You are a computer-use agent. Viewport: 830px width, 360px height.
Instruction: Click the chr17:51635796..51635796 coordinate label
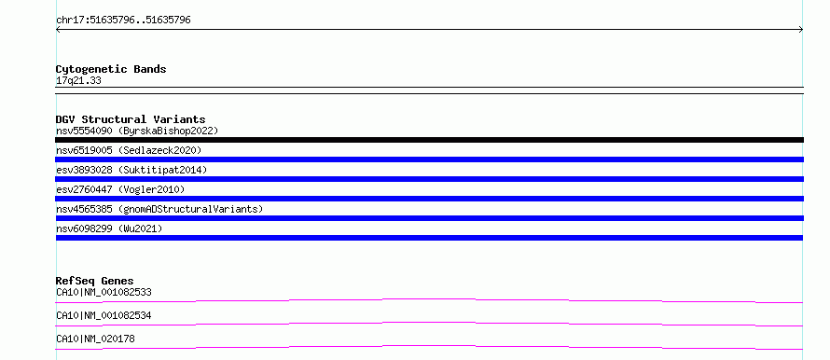pos(123,21)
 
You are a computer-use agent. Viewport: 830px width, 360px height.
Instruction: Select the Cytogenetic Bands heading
pos(111,69)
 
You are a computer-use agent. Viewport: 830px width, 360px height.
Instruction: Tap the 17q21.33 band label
pos(78,81)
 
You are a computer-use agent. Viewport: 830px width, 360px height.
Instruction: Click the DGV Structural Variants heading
pos(131,119)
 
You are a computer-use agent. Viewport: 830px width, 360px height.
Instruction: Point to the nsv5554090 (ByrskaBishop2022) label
pos(137,131)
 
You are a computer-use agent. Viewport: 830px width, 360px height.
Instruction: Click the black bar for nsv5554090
pos(429,140)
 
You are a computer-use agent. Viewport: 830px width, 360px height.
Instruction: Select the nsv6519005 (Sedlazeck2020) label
pos(129,150)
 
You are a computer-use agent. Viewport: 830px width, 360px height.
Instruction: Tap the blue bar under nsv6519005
pos(429,159)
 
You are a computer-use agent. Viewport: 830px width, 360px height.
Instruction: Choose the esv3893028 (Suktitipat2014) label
pos(131,170)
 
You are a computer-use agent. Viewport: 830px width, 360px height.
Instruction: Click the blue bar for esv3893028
pos(429,179)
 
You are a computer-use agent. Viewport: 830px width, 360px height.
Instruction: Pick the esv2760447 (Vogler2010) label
pos(120,189)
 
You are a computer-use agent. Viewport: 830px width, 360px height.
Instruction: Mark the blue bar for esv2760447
pos(429,199)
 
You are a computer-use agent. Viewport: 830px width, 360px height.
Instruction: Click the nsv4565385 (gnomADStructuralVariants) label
pos(159,209)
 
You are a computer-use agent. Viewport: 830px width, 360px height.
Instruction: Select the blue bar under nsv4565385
pos(429,218)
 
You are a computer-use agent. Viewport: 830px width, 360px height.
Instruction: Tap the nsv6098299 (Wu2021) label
pos(109,228)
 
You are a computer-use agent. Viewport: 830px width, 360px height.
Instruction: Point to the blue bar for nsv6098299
pos(429,238)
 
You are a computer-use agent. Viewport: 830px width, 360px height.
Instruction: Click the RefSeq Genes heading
pos(95,281)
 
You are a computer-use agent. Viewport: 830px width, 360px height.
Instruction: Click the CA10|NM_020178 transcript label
pos(95,339)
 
